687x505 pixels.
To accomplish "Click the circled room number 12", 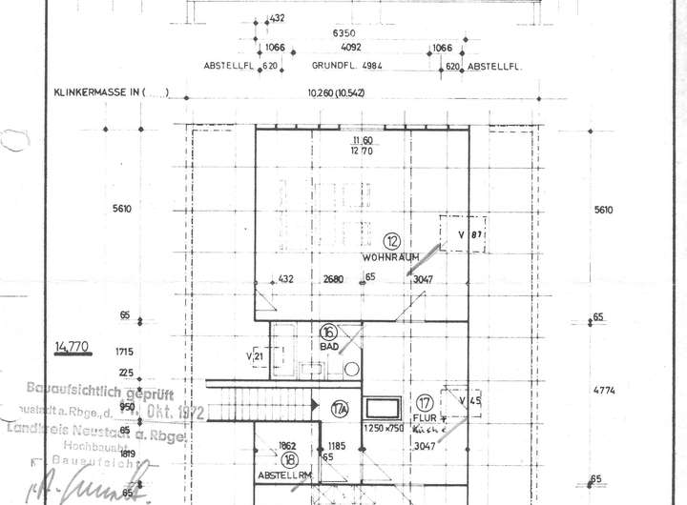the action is click(x=390, y=241).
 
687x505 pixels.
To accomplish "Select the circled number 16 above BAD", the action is click(x=328, y=333).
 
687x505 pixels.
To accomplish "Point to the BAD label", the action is click(x=328, y=347).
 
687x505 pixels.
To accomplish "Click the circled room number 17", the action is click(x=425, y=402).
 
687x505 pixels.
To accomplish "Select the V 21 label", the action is click(x=255, y=356).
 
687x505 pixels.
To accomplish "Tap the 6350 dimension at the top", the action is click(x=343, y=33).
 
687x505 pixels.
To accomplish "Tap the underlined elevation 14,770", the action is click(x=73, y=346).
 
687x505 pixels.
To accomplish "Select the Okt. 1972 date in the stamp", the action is click(x=177, y=411).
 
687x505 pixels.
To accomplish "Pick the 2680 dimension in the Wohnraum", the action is click(x=333, y=279).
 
